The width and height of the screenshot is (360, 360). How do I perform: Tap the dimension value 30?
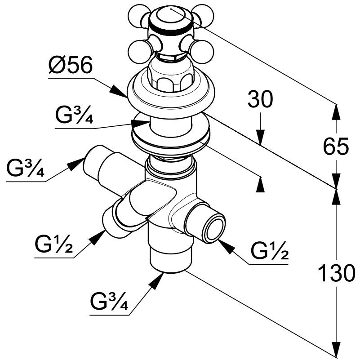[260, 99]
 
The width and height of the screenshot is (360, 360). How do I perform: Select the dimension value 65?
[336, 146]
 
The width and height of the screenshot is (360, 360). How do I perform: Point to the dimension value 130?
[336, 273]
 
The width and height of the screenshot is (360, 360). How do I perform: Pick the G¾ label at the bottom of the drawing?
[109, 301]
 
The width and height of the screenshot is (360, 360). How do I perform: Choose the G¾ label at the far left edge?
[26, 167]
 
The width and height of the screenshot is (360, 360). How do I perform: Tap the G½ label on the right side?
[270, 250]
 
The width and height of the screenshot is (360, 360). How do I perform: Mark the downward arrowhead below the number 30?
[260, 137]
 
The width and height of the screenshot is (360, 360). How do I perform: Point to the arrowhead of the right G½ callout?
[226, 247]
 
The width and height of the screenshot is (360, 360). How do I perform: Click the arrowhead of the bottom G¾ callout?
[156, 280]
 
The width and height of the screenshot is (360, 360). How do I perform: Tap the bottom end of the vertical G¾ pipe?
[171, 267]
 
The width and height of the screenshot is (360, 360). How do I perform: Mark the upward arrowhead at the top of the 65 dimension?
[336, 112]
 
